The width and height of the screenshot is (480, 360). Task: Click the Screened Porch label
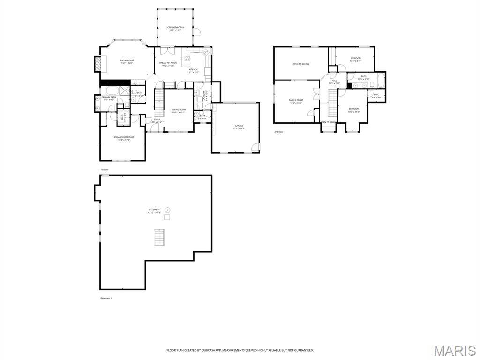(175, 28)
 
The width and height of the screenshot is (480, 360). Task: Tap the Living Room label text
(127, 60)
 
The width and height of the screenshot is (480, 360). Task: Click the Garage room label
(239, 126)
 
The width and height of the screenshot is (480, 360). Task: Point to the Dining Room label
(178, 110)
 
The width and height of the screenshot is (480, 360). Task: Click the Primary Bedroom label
(124, 137)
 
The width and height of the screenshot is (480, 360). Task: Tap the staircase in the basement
(160, 237)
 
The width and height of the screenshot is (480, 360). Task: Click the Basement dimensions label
(154, 213)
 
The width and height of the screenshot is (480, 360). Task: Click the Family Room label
(296, 100)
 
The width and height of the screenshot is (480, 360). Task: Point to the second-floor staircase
(332, 103)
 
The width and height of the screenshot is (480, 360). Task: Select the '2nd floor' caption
(279, 132)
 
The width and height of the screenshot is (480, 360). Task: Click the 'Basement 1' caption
(106, 298)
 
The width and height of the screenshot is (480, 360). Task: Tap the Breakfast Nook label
(168, 63)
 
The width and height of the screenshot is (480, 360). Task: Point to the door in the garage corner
(255, 148)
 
